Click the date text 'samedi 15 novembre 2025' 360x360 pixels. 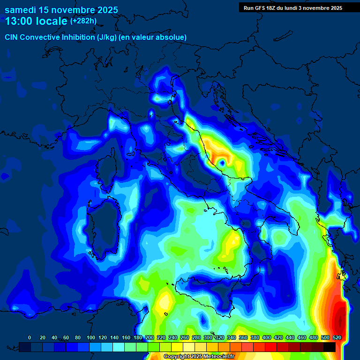[x=61, y=10]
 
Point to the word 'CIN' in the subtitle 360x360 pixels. [x=12, y=37]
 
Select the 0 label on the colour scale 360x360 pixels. [x=30, y=337]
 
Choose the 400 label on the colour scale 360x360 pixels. [x=267, y=337]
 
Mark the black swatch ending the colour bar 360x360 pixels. [x=330, y=347]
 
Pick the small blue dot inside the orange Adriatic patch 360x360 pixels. [x=222, y=163]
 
